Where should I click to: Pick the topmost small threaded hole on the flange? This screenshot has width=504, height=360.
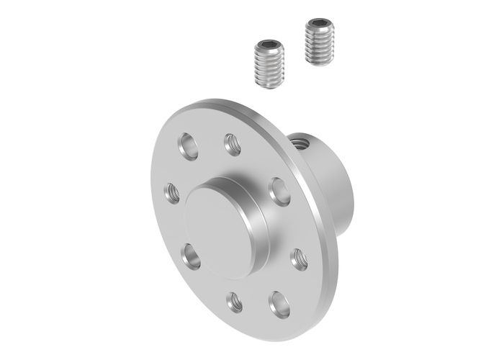click(232, 143)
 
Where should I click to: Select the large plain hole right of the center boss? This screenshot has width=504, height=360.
click(279, 191)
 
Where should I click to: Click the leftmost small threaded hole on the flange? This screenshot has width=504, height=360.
click(172, 192)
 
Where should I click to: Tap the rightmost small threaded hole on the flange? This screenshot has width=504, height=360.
click(299, 258)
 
